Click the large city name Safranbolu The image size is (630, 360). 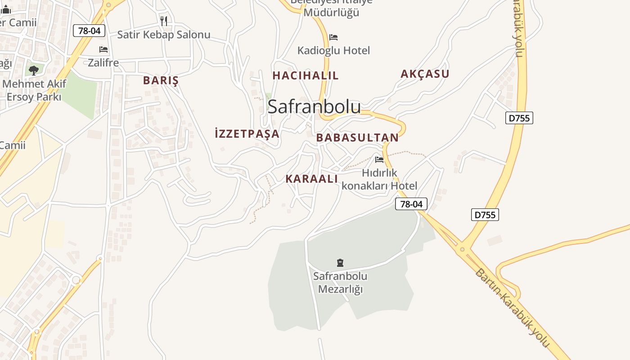click(314, 107)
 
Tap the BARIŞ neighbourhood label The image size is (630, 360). click(161, 81)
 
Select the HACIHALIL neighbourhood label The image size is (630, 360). click(305, 76)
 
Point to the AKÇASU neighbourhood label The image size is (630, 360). click(425, 74)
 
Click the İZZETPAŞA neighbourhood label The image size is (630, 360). click(247, 134)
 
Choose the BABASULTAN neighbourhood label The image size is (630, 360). click(357, 138)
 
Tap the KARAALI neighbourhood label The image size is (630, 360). click(311, 179)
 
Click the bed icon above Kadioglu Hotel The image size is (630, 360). click(333, 37)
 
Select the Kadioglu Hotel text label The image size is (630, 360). click(333, 50)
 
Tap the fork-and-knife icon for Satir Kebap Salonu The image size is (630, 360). click(164, 21)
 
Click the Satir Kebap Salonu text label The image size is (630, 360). click(164, 35)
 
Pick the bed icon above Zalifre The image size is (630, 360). click(103, 49)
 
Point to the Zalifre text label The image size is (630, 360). click(103, 63)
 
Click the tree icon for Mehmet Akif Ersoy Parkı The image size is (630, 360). click(33, 70)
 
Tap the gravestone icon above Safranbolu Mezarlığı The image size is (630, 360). click(340, 263)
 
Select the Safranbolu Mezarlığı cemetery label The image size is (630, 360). click(340, 283)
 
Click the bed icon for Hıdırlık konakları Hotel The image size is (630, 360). click(379, 159)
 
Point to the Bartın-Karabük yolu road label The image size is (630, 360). click(512, 308)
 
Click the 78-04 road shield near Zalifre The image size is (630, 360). click(89, 31)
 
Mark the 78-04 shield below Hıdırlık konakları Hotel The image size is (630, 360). click(411, 204)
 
